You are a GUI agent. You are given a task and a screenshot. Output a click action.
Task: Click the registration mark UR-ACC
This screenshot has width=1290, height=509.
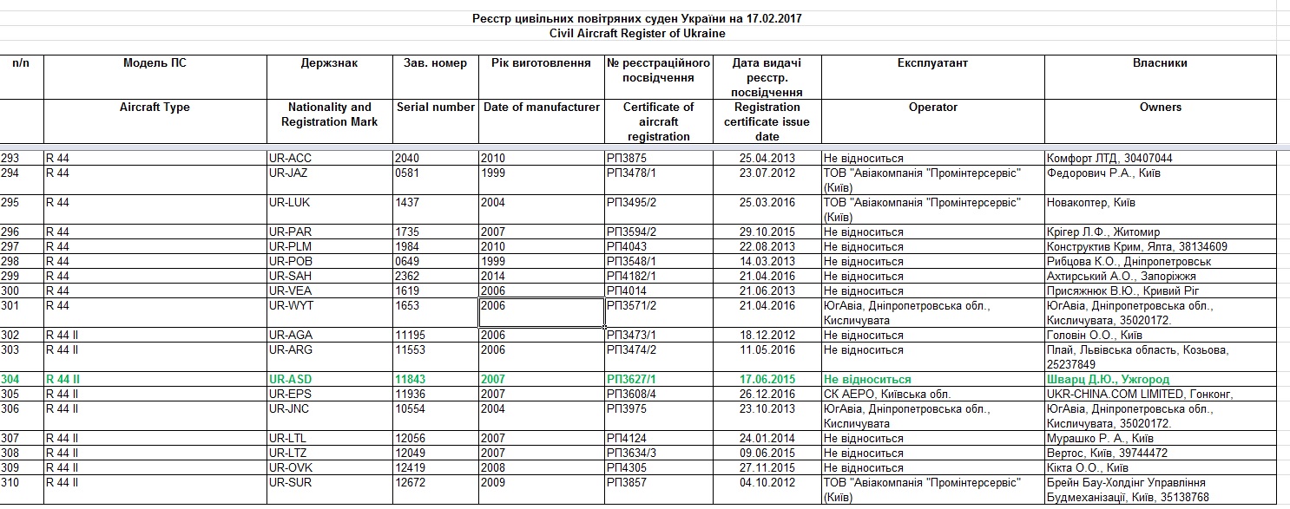pos(290,159)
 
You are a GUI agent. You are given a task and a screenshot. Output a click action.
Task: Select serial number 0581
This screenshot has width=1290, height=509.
pos(405,173)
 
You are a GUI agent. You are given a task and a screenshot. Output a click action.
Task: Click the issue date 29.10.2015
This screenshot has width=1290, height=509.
pos(767,232)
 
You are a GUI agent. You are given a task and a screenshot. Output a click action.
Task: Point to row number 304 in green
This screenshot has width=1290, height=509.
pos(10,380)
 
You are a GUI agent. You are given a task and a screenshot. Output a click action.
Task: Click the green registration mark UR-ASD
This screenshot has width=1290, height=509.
pos(290,380)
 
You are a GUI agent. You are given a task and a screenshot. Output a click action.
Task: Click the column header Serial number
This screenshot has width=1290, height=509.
pos(436,108)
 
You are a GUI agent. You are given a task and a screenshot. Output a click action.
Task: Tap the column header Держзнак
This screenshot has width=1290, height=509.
pos(329,63)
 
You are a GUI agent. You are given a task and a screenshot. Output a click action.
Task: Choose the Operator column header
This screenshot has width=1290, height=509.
pos(932,108)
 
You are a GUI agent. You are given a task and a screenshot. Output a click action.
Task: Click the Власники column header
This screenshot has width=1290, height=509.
pos(1160,63)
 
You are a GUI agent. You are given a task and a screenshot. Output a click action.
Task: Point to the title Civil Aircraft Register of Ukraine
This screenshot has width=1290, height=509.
pos(637,34)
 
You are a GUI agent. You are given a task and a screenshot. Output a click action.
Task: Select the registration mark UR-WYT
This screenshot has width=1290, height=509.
pos(290,306)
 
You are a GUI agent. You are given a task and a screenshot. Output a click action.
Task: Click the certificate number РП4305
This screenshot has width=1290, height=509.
pos(626,468)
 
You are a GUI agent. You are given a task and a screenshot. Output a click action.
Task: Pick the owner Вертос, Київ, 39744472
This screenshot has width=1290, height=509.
pos(1107,454)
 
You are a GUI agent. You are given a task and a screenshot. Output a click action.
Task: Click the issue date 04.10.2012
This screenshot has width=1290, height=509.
pos(767,483)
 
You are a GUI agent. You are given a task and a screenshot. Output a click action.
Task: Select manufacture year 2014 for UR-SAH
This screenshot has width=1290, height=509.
pos(492,277)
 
